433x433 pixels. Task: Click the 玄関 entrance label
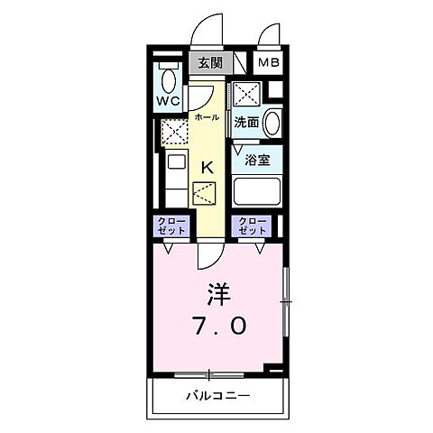click(209, 62)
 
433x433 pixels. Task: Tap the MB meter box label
click(267, 62)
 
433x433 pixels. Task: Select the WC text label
click(169, 100)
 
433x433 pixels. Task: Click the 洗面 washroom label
click(247, 123)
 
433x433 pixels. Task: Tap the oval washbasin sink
click(272, 123)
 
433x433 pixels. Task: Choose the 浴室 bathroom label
click(256, 161)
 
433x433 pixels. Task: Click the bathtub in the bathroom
click(256, 192)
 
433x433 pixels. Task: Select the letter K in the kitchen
click(207, 166)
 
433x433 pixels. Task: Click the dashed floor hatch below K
click(206, 193)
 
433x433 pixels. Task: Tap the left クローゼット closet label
click(169, 226)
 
